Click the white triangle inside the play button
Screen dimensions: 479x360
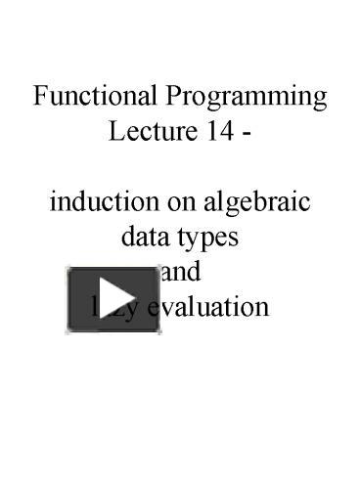point(116,298)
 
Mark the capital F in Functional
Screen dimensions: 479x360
point(40,98)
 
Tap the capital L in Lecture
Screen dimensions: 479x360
point(114,132)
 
